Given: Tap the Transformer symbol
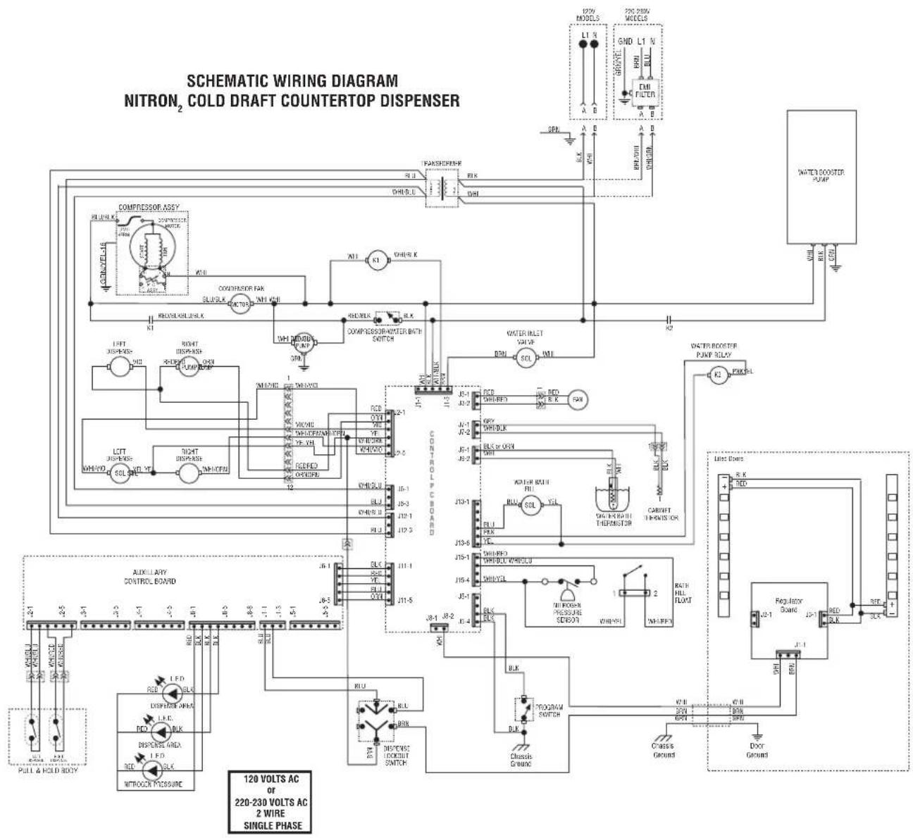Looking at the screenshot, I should (x=442, y=188).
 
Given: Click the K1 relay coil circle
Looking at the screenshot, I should (x=375, y=260).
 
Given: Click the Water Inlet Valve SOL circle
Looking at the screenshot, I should (x=525, y=358).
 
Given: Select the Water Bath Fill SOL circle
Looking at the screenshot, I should (x=530, y=504).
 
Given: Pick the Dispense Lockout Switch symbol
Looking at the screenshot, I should (x=377, y=720).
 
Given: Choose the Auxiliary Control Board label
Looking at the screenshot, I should (x=149, y=577).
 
